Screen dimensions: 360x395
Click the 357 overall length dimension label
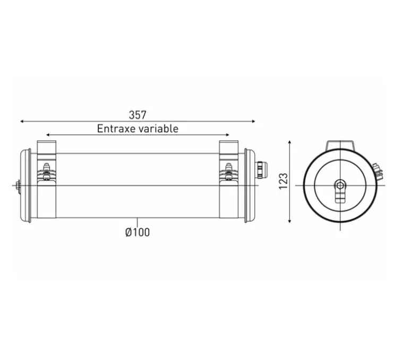coord(137,115)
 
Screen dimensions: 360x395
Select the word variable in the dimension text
coord(158,128)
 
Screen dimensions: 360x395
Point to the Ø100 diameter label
coord(137,232)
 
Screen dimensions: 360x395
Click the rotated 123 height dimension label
coord(283,181)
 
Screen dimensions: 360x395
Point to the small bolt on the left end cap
coord(19,185)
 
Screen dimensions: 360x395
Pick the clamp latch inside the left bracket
coord(46,172)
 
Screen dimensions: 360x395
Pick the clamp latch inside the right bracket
coord(229,172)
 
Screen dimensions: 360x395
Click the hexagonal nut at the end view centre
coord(340,185)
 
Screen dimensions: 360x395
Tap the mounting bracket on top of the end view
coord(340,145)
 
